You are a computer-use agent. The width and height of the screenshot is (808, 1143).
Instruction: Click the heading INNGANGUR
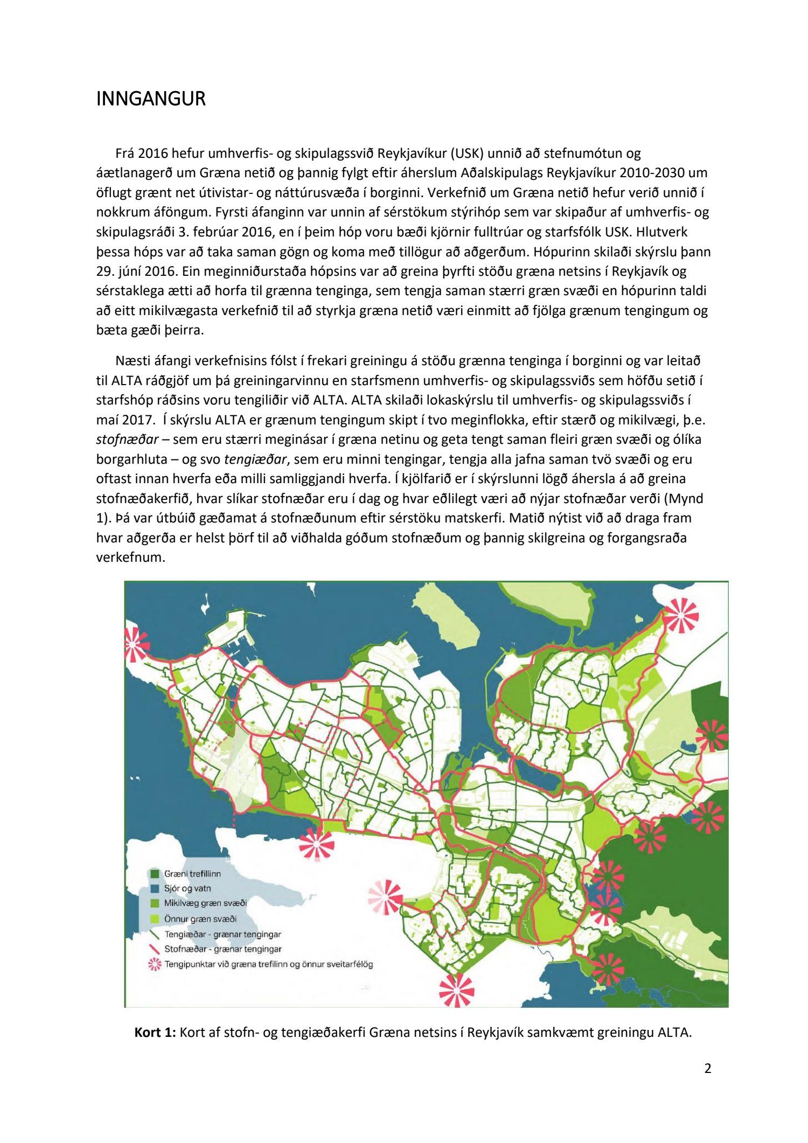(x=151, y=99)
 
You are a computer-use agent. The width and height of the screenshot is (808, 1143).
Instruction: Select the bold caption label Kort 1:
(x=155, y=1032)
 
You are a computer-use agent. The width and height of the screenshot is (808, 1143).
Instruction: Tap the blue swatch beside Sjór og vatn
(x=155, y=888)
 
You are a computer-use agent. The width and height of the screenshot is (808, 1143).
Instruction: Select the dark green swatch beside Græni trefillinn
(x=155, y=874)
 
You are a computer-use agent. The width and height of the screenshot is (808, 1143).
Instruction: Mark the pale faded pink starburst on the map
(x=385, y=897)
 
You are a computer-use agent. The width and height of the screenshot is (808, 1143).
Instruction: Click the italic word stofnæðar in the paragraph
(x=127, y=440)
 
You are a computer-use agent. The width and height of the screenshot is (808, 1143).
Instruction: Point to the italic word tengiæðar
(x=255, y=459)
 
